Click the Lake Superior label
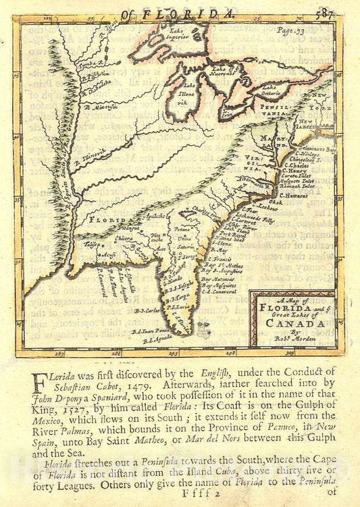tap(176, 34)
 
